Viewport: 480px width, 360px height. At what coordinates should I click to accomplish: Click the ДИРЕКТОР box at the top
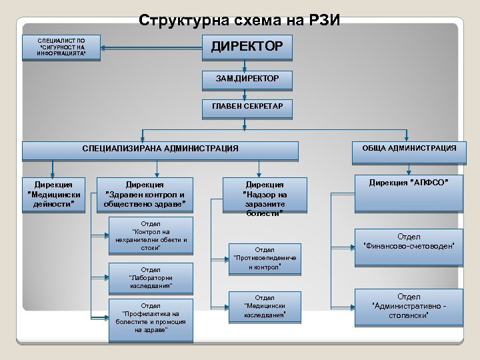(247, 47)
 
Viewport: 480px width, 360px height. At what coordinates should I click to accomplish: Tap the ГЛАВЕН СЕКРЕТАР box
(247, 107)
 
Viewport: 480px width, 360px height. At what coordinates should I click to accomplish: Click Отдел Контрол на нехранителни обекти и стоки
(151, 235)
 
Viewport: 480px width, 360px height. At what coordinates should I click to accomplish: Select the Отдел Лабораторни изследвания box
(151, 277)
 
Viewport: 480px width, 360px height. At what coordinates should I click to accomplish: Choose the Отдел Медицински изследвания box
(265, 306)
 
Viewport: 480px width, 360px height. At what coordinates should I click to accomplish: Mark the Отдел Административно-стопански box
(409, 305)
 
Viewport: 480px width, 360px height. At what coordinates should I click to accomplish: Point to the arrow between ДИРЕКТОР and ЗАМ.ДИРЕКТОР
(247, 64)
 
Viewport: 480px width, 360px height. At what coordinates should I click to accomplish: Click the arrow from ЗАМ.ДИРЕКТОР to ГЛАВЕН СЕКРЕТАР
(247, 93)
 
